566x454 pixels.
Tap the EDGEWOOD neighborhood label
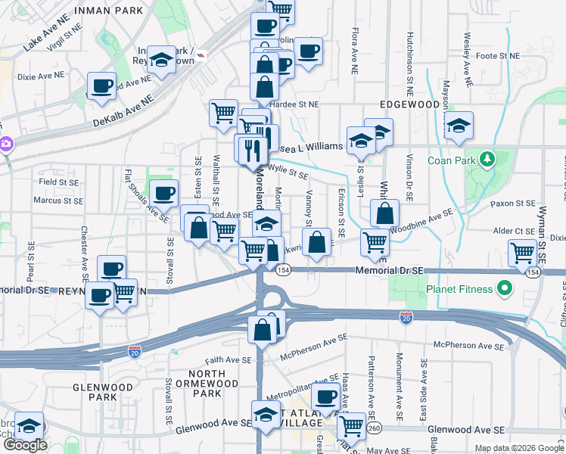(x=412, y=105)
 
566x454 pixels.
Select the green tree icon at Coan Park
(x=488, y=159)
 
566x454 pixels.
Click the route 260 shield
(x=375, y=429)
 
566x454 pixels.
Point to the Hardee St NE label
(x=299, y=104)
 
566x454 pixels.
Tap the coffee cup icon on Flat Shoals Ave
(x=163, y=194)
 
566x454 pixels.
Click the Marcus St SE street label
(x=57, y=201)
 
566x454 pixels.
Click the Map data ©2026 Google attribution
(x=519, y=448)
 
